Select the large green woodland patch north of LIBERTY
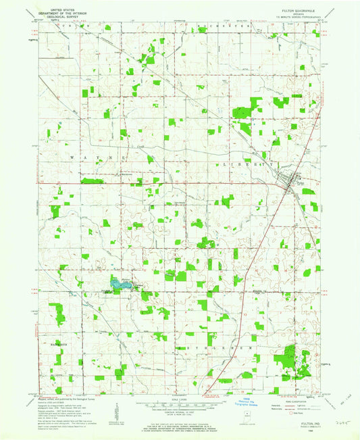240,126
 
